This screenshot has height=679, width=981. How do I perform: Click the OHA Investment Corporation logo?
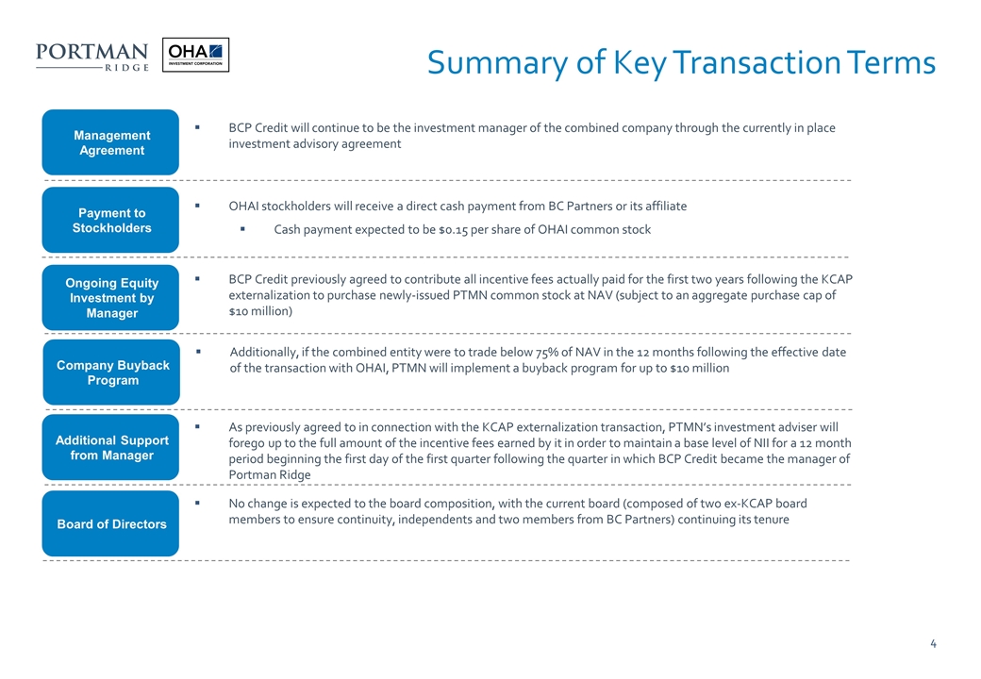coord(195,55)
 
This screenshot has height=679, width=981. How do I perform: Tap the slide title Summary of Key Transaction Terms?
coord(680,63)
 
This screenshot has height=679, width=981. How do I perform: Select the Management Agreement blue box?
coord(111,142)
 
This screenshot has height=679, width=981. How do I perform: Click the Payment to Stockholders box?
coord(111,221)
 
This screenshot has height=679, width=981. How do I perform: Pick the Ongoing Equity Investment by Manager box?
coord(111,298)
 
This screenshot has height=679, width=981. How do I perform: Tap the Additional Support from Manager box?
coord(111,448)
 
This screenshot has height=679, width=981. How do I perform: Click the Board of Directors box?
coord(111,524)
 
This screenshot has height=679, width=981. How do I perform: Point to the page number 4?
coord(932,645)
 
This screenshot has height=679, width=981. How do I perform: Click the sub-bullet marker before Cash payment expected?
coord(243,229)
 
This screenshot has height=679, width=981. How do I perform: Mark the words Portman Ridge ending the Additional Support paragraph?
coord(270,474)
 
